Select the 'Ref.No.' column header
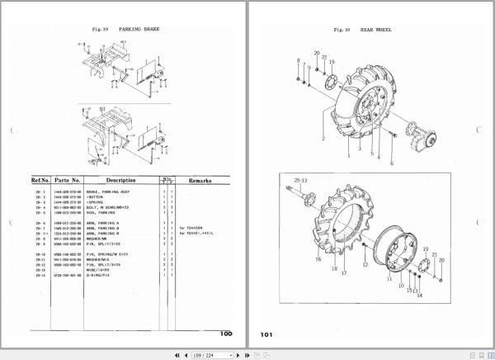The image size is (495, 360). [x=41, y=179]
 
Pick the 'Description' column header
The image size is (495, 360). [x=120, y=179]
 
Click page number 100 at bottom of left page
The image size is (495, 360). [x=226, y=334]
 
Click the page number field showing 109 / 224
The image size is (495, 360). [x=205, y=354]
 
